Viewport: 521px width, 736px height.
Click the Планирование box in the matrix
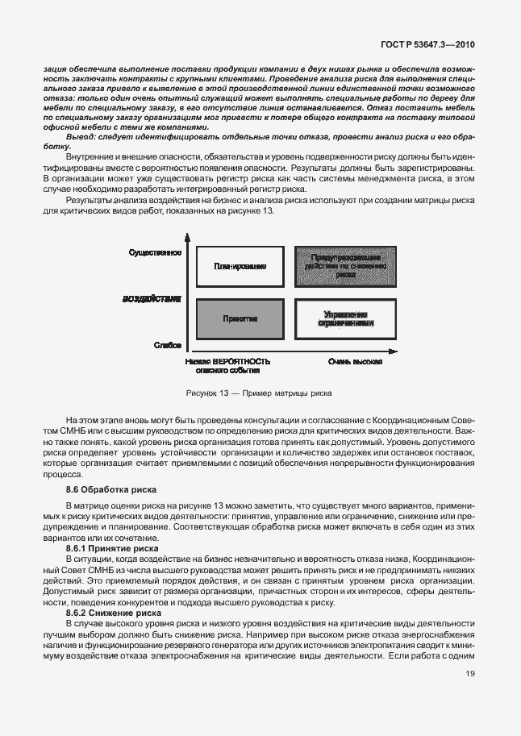(240, 266)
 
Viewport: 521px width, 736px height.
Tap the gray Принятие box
(240, 318)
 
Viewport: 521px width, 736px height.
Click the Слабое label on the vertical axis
(165, 344)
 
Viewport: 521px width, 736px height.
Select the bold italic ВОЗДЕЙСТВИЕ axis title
(152, 299)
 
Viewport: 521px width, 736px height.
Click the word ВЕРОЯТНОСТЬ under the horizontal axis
(240, 362)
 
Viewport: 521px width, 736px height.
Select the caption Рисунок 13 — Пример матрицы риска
(259, 393)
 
